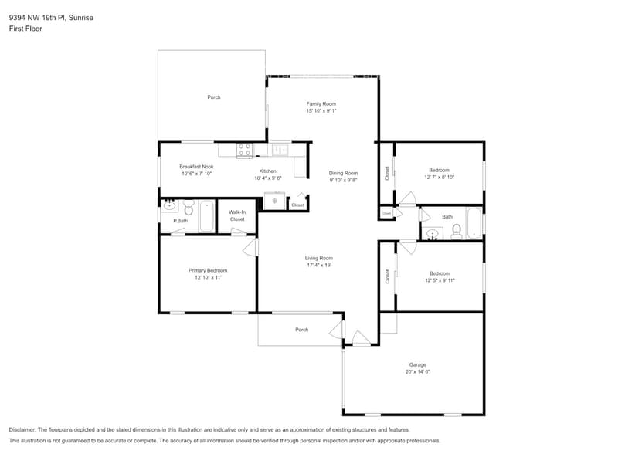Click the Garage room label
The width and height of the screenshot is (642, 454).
[x=417, y=364]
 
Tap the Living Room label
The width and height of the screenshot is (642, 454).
[x=318, y=258]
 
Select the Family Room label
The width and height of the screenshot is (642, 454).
[x=321, y=103]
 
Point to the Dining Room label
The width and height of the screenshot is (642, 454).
[x=343, y=173]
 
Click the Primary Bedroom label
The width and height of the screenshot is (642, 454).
[x=208, y=270]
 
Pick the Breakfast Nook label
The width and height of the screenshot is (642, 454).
[x=196, y=166]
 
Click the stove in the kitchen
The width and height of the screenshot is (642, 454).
[x=244, y=150]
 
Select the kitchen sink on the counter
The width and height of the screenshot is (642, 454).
[x=279, y=149]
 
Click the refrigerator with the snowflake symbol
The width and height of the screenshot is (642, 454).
[x=274, y=202]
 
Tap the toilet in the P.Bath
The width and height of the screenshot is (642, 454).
[x=188, y=208]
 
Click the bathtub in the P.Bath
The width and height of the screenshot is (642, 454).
[x=206, y=215]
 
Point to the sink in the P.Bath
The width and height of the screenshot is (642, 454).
[x=169, y=206]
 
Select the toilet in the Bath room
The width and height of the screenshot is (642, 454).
[x=457, y=230]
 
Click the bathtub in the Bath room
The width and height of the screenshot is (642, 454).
[x=474, y=222]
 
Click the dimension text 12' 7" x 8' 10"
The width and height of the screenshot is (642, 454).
[x=439, y=178]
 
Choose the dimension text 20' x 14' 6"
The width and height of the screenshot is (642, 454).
[x=417, y=371]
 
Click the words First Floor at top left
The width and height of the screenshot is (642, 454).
[x=25, y=29]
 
